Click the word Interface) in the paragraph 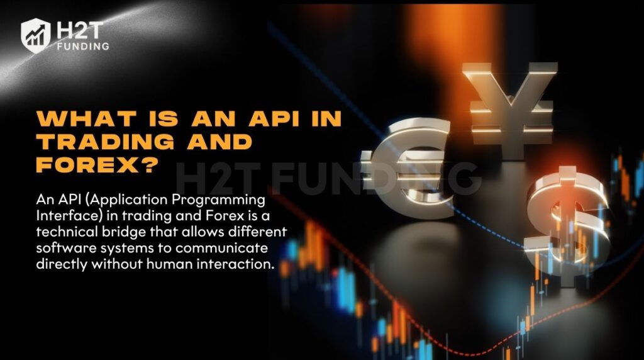(x=65, y=216)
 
